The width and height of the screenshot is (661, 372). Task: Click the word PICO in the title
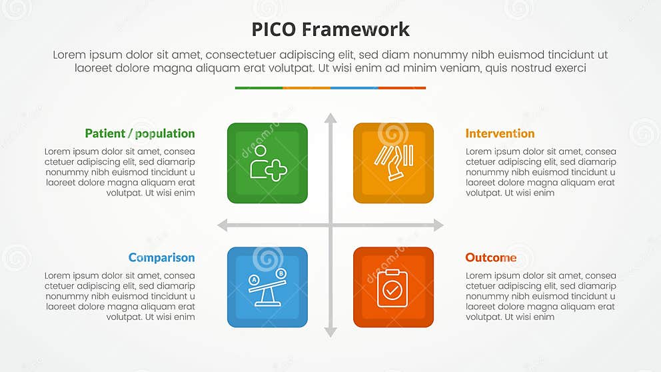pyautogui.click(x=274, y=29)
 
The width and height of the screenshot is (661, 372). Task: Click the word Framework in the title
pyautogui.click(x=355, y=29)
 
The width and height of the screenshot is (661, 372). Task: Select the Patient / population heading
pyautogui.click(x=140, y=133)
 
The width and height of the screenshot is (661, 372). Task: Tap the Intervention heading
pyautogui.click(x=500, y=133)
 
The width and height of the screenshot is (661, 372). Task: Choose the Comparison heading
pyautogui.click(x=161, y=257)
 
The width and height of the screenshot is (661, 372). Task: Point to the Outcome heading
pyautogui.click(x=490, y=257)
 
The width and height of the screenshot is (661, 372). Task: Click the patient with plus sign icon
pyautogui.click(x=267, y=163)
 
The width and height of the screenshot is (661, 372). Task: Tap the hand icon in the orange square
pyautogui.click(x=393, y=163)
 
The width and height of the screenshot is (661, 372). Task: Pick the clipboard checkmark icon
pyautogui.click(x=393, y=288)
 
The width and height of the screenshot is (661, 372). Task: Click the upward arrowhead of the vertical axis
pyautogui.click(x=330, y=118)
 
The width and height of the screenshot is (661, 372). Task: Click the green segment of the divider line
pyautogui.click(x=259, y=87)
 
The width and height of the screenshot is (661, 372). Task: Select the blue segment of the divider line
pyautogui.click(x=354, y=87)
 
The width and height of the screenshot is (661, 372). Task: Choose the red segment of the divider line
pyautogui.click(x=402, y=87)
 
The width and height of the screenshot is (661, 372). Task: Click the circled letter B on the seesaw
pyautogui.click(x=281, y=273)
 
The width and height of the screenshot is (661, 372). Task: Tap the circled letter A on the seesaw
pyautogui.click(x=254, y=279)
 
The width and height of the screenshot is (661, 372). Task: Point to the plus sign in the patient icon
pyautogui.click(x=276, y=171)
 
